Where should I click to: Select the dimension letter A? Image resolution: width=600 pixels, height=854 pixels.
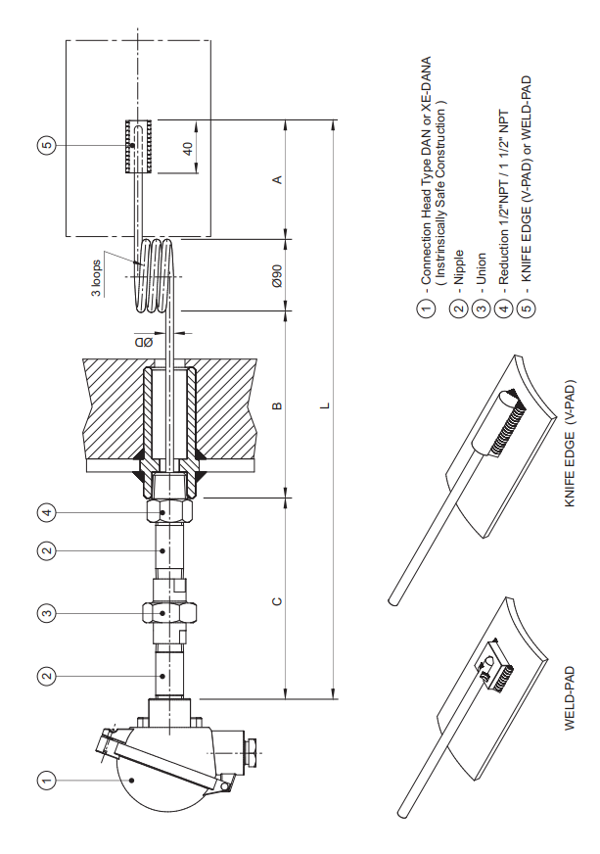[x=277, y=179]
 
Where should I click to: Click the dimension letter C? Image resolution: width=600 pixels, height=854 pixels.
[x=277, y=598]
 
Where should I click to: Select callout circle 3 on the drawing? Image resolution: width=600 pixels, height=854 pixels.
[x=46, y=613]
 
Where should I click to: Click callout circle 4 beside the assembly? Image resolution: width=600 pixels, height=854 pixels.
[x=46, y=511]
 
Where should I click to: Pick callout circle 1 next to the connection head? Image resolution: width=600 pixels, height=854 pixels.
[x=46, y=780]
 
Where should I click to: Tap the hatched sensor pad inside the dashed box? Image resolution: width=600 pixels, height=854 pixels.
[x=137, y=146]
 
